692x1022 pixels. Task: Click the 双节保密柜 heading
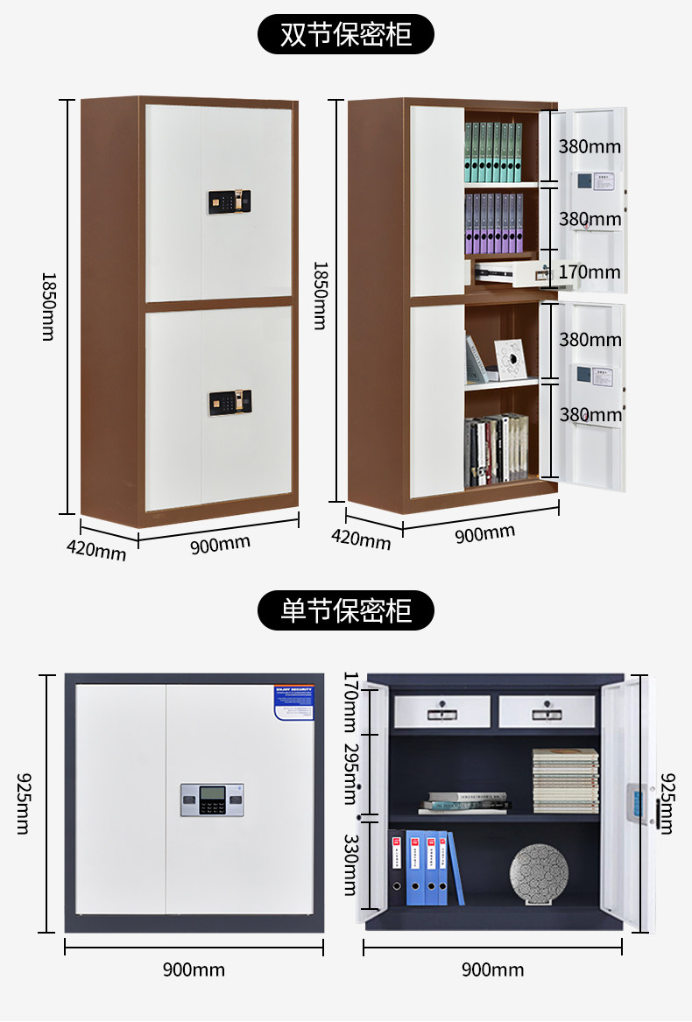click(346, 35)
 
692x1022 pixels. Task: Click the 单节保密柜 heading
click(346, 610)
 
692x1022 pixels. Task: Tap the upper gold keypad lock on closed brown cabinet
click(229, 201)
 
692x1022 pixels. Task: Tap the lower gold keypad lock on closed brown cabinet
click(229, 403)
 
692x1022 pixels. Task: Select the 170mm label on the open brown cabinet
click(590, 272)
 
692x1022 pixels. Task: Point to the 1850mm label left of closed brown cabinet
click(48, 306)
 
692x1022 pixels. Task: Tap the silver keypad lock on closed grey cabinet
click(211, 800)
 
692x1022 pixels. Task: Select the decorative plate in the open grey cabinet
click(539, 874)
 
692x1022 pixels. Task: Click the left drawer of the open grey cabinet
click(441, 711)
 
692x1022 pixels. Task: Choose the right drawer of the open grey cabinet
click(547, 711)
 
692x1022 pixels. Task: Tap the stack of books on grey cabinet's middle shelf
click(565, 780)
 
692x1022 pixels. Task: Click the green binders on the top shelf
click(493, 152)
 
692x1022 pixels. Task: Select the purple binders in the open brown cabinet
click(493, 222)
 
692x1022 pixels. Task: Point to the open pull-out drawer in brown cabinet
click(512, 274)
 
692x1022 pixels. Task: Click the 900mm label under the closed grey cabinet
click(194, 969)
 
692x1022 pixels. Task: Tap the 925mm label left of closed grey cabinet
click(23, 802)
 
